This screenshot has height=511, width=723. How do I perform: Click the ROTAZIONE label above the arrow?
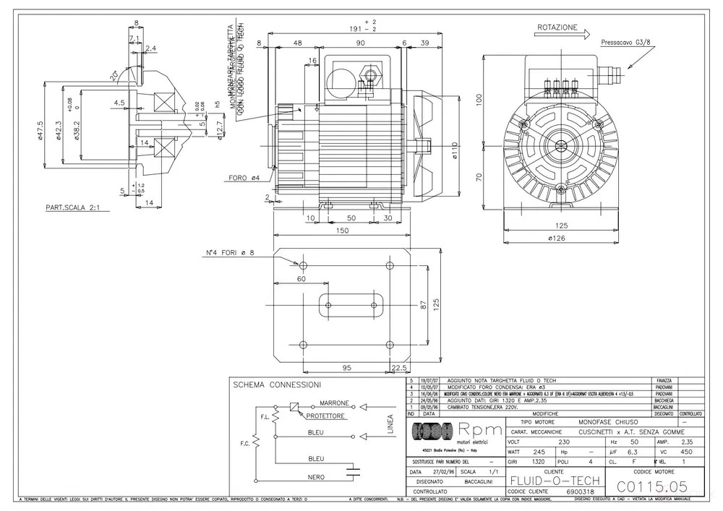(557, 27)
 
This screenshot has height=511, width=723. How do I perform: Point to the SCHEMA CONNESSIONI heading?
(277, 385)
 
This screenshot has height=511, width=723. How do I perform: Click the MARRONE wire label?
(334, 403)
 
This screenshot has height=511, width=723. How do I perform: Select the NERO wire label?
(316, 477)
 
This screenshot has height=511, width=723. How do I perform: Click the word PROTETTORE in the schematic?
(325, 416)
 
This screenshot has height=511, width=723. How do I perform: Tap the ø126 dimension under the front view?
(555, 237)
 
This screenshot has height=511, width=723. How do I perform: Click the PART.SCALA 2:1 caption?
(72, 207)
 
